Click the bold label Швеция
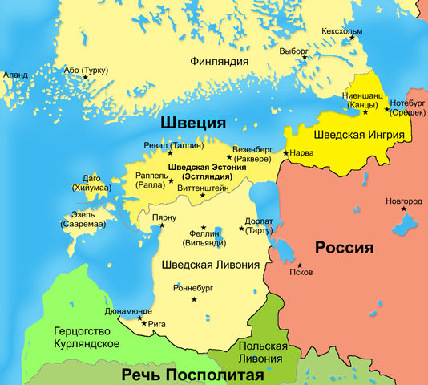point(192,123)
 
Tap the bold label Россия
point(345,247)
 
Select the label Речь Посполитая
point(192,375)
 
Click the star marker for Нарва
point(286,152)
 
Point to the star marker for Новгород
point(404,210)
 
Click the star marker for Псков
point(299,265)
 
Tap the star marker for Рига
point(143,323)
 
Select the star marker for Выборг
point(305,58)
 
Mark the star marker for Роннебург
point(192,299)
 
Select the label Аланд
point(16,75)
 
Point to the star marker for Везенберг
point(229,158)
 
